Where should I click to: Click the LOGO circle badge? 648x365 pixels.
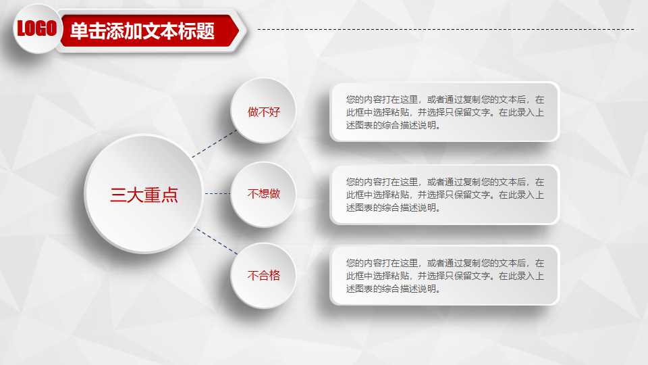[36, 28]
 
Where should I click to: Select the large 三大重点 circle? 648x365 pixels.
[144, 195]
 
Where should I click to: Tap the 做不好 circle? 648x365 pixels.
[263, 111]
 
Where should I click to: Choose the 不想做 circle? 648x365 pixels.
[263, 194]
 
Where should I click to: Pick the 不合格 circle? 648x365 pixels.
[263, 276]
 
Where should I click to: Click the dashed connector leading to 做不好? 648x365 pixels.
[215, 144]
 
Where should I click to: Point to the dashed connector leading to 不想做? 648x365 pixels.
[217, 194]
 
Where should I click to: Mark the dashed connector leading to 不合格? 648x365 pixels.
[217, 241]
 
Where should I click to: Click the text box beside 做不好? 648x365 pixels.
[444, 112]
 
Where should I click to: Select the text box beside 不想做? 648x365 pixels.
[444, 195]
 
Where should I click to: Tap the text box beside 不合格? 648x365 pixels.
[444, 275]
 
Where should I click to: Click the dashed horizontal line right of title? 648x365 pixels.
[446, 29]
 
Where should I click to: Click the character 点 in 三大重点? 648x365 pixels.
[169, 195]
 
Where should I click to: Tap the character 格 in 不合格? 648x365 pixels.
[274, 276]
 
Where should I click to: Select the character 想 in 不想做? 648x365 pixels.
[263, 194]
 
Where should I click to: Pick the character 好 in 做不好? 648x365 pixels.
[274, 112]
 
